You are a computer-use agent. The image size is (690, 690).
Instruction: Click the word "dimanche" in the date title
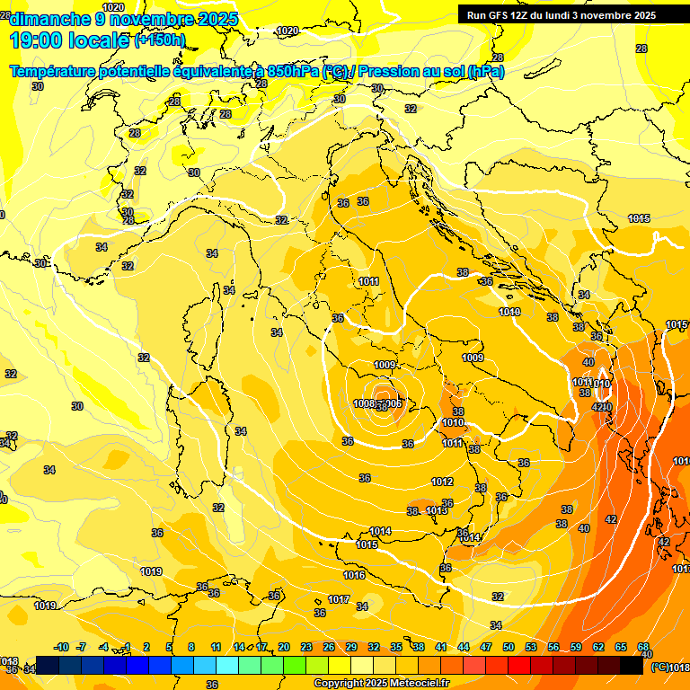coord(47,19)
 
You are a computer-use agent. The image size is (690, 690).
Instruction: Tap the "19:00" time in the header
coord(34,40)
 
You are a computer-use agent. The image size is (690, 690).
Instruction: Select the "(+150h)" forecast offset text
coord(159,40)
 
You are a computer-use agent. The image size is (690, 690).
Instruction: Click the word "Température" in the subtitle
coord(57,71)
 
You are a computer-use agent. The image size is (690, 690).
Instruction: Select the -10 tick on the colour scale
coord(61,647)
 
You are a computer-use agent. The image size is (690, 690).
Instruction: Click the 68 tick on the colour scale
coord(643,647)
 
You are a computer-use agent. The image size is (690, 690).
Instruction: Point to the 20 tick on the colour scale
coord(284,647)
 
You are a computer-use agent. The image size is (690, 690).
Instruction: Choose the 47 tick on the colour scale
coord(486,647)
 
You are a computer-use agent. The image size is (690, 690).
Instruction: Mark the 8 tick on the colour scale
coord(191,647)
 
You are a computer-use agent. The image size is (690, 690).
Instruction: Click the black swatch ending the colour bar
coord(632,665)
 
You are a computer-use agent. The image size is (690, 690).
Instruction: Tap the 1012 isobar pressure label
coord(442,482)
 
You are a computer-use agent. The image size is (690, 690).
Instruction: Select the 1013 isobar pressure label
coord(437,510)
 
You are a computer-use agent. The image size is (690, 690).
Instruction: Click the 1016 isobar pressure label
coord(354,575)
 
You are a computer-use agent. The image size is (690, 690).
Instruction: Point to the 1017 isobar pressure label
coord(339,599)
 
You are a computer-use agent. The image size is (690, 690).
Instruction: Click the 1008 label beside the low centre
coord(364,404)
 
